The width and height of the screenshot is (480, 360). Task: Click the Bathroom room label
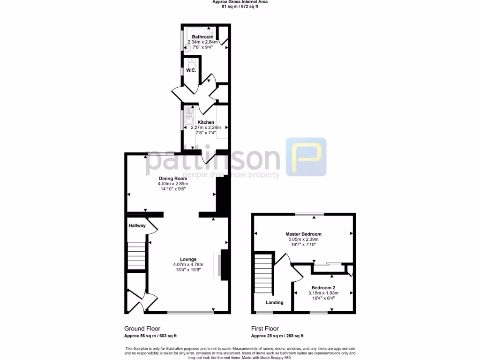pyautogui.click(x=202, y=37)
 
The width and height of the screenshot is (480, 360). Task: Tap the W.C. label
pyautogui.click(x=190, y=70)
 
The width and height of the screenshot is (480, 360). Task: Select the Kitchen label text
pyautogui.click(x=205, y=122)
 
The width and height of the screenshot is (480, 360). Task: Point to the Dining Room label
pyautogui.click(x=173, y=178)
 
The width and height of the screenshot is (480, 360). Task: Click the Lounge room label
pyautogui.click(x=188, y=259)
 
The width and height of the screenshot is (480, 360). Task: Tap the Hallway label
pyautogui.click(x=137, y=225)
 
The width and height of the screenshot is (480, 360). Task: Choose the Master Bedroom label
pyautogui.click(x=303, y=233)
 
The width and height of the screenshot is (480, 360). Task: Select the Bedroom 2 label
pyautogui.click(x=323, y=287)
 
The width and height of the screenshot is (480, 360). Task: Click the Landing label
pyautogui.click(x=274, y=302)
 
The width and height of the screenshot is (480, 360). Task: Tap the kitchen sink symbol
pyautogui.click(x=188, y=115)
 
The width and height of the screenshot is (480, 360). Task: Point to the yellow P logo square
pyautogui.click(x=306, y=157)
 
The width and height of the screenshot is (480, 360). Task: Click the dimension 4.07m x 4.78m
pyautogui.click(x=188, y=265)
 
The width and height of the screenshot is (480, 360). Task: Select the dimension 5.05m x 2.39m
pyautogui.click(x=303, y=239)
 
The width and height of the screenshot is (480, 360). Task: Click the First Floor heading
pyautogui.click(x=265, y=329)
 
